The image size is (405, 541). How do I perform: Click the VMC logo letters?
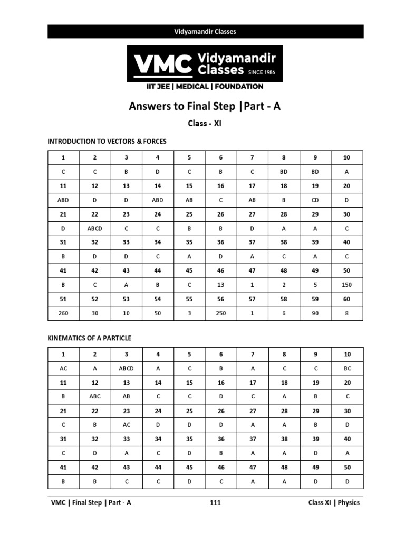(x=162, y=64)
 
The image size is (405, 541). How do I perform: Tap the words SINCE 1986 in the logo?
(x=262, y=72)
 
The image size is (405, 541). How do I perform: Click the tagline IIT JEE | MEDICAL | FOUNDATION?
(x=205, y=87)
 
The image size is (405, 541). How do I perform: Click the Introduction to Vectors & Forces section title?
(x=107, y=141)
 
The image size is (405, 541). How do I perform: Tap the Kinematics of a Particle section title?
(x=90, y=338)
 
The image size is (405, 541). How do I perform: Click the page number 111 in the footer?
(x=215, y=502)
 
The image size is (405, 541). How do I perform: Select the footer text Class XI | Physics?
(x=334, y=502)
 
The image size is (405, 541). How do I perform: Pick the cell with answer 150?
(x=346, y=285)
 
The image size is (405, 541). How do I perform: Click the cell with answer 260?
(x=63, y=313)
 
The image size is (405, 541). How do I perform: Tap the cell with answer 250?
(x=221, y=313)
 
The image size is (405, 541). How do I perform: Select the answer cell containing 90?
(x=315, y=313)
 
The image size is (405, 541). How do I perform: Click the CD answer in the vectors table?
(x=315, y=200)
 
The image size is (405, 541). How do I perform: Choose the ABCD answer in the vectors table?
(x=95, y=228)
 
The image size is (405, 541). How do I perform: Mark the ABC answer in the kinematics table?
(x=95, y=397)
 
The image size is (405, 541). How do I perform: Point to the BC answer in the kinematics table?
(x=346, y=368)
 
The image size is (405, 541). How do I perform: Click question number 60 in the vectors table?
(x=346, y=299)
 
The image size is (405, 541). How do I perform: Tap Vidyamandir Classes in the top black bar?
(x=205, y=31)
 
